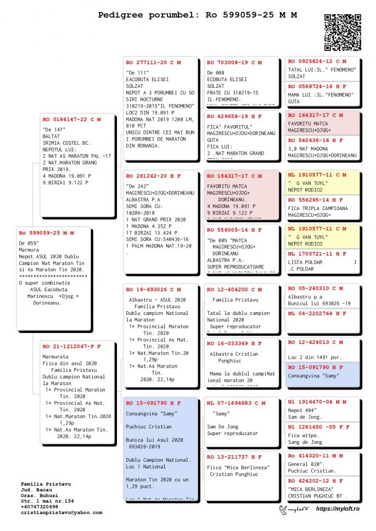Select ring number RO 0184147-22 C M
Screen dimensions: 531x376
72,119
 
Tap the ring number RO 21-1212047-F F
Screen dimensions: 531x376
72,347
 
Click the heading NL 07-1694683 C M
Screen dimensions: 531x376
234,403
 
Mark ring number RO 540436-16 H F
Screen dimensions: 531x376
317,140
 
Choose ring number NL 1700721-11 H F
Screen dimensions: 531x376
317,254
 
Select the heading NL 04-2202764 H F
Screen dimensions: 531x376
317,313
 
